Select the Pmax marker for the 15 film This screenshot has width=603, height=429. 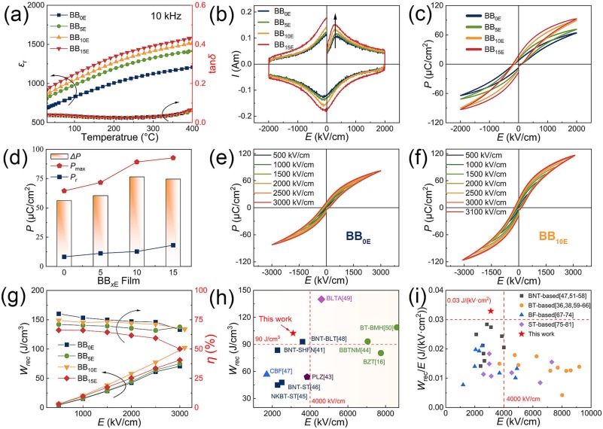(x=172, y=158)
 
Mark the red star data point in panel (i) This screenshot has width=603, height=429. (x=490, y=311)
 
